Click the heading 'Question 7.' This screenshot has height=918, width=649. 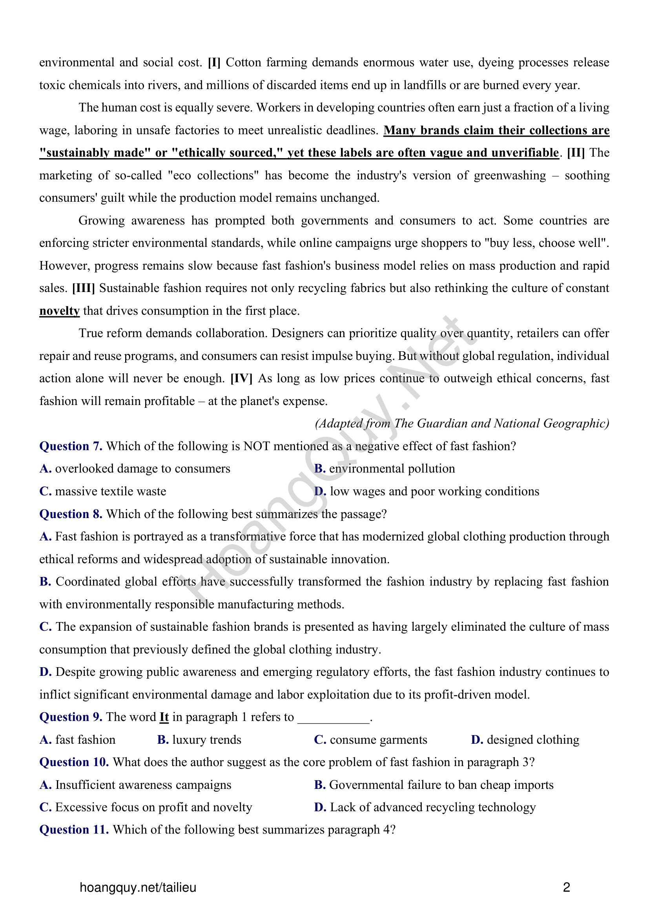pos(71,446)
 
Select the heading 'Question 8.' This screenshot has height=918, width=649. pos(71,514)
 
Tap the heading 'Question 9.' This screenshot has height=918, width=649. pos(71,717)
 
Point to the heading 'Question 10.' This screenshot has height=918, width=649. pos(74,762)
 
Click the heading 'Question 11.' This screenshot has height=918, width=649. pos(74,830)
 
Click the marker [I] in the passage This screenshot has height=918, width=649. pos(214,63)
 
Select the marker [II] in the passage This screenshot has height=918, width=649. pos(576,153)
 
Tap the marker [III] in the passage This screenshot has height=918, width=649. pos(84,288)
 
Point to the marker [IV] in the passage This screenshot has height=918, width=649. pos(241,379)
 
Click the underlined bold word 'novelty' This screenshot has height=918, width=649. pos(60,311)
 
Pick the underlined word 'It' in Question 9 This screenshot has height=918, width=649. pos(164,717)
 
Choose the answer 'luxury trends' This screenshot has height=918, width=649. pos(207,740)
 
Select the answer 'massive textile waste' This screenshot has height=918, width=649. pos(110,491)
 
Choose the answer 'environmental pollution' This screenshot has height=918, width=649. pos(392,469)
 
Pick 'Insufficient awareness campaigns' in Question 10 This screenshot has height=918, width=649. pos(143,785)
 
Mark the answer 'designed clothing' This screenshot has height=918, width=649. pos(533,740)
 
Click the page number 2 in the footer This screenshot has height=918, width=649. pos(566,888)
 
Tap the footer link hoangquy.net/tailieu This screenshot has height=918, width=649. pos(138,888)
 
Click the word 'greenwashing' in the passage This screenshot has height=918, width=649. pos(510,175)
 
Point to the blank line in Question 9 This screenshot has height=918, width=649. pos(334,719)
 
